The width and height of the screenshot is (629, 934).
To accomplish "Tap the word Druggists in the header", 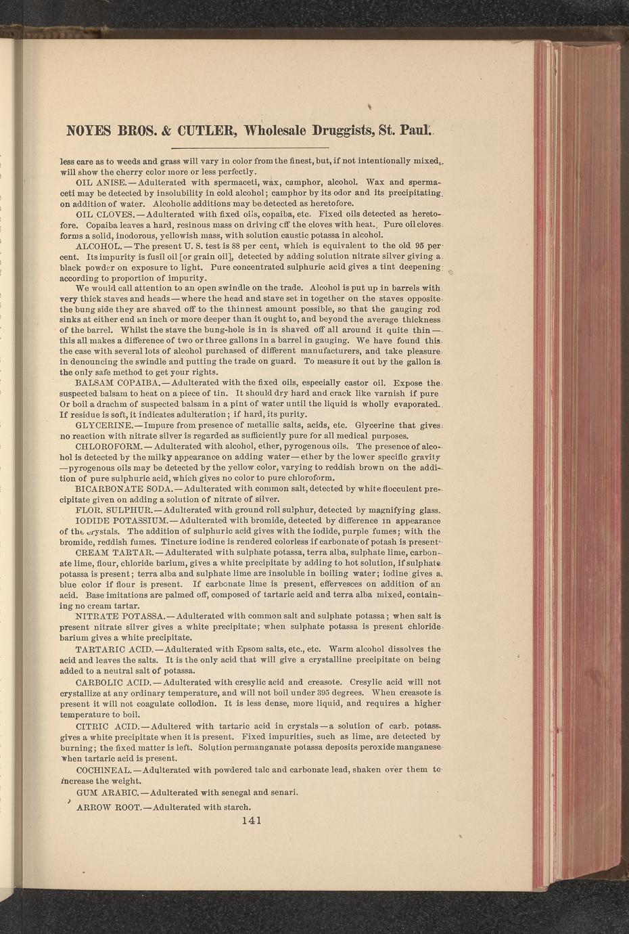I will click(x=332, y=130).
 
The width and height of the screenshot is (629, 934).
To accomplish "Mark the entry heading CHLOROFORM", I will click(x=108, y=447).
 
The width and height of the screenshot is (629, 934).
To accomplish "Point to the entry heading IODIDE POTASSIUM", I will click(x=123, y=520).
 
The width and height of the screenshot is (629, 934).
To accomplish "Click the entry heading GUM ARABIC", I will click(x=108, y=792).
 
